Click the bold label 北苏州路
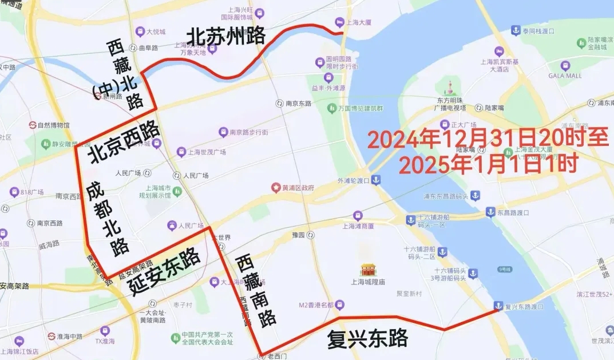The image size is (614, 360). point(226,36)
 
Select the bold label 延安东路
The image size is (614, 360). point(163,270)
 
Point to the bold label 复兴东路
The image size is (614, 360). point(367,338)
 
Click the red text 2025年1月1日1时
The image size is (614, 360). point(488,165)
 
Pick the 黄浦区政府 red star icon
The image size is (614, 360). point(276,187)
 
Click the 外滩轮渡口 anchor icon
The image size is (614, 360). point(376,181)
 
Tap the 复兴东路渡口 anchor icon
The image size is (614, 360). point(498,306)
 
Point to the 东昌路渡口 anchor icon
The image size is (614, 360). point(490,212)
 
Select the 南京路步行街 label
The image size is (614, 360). point(249,132)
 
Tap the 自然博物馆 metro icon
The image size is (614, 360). point(33,125)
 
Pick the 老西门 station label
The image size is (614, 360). point(279,356)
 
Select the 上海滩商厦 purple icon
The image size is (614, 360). point(358,216)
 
